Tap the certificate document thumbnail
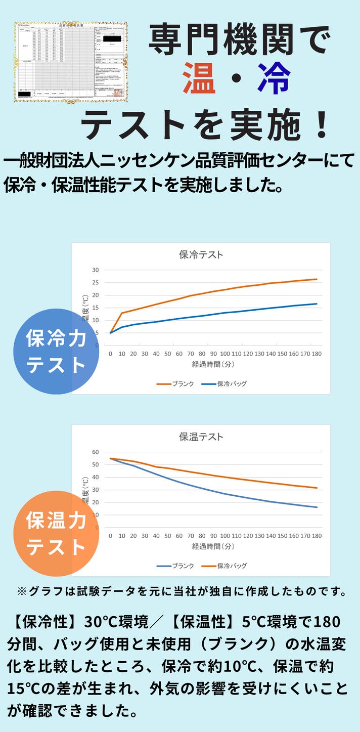coord(70,62)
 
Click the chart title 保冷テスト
coord(201,255)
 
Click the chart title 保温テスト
coord(201,437)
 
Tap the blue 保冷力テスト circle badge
coord(56,352)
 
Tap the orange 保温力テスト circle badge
coord(56,534)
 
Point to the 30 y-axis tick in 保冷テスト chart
coord(96,270)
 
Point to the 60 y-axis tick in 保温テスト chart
coord(96,452)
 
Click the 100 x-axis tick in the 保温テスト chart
coord(224,536)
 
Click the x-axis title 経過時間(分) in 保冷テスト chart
coord(213,364)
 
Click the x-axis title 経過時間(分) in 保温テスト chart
coord(213,546)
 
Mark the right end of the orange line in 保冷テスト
coord(317,279)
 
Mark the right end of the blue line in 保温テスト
coord(317,507)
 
